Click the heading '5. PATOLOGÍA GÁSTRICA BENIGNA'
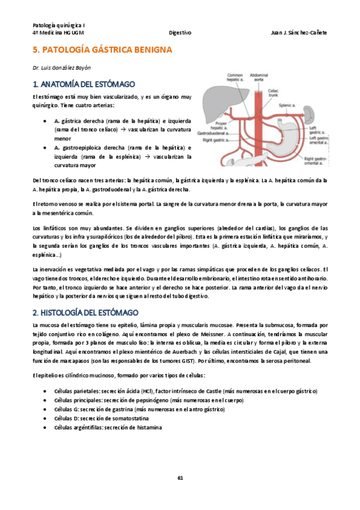pyautogui.click(x=102, y=51)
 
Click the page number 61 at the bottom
pyautogui.click(x=180, y=478)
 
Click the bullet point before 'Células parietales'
pyautogui.click(x=46, y=392)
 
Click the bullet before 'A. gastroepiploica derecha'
pyautogui.click(x=46, y=147)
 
